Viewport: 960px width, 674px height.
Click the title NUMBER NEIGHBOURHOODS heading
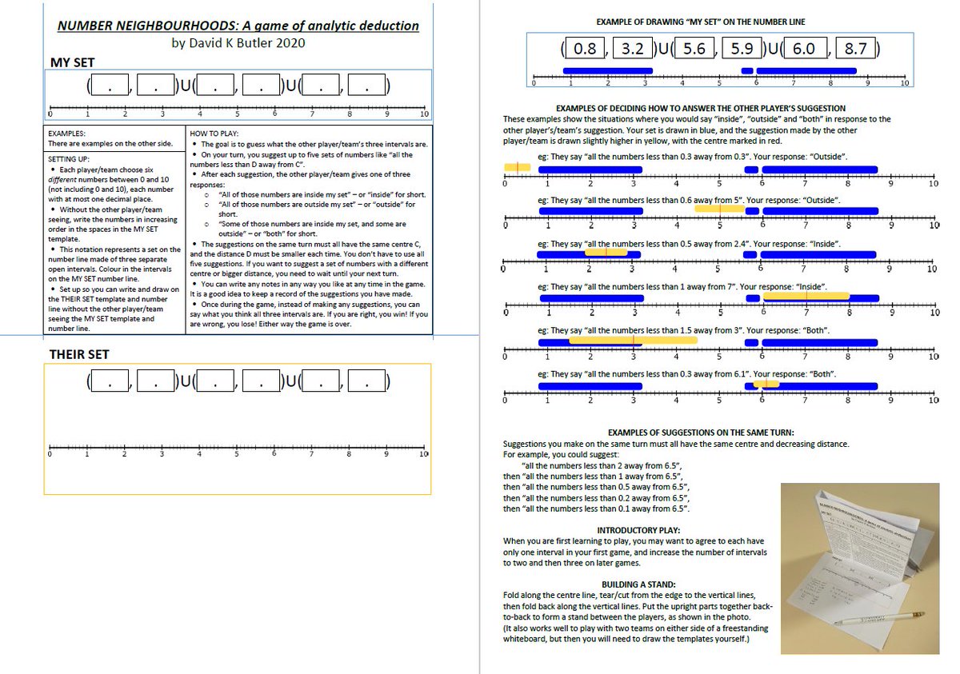coord(238,26)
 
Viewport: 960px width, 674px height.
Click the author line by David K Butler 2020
coord(238,42)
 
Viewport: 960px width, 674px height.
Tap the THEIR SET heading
coord(80,354)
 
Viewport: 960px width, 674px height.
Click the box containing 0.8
coord(586,49)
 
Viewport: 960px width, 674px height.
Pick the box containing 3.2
coord(633,49)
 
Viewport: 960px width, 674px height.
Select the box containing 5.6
coord(694,49)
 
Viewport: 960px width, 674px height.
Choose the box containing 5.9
coord(742,49)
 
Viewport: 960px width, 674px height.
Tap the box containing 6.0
coord(803,49)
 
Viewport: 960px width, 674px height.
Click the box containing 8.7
coord(855,49)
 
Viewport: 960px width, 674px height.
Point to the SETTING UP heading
coord(68,159)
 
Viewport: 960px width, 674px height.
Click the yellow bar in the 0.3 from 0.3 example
coord(517,167)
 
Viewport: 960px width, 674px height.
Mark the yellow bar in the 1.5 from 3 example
coord(632,340)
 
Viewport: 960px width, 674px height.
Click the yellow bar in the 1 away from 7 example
coord(806,296)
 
